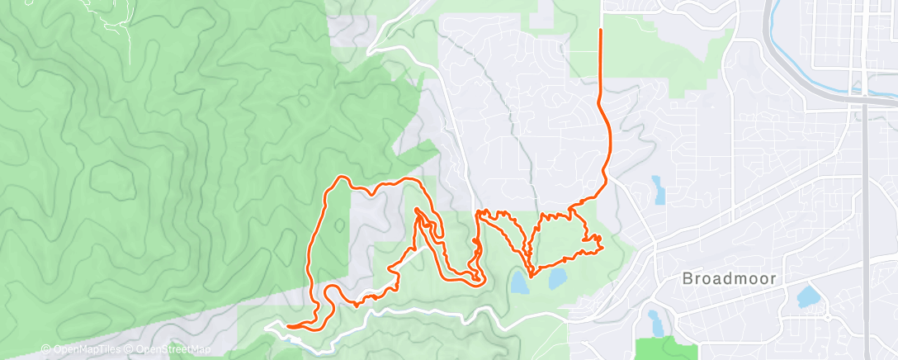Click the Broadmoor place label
(729, 279)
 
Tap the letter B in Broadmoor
(688, 279)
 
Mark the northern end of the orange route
(600, 30)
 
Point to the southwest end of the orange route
(288, 327)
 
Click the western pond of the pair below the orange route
(519, 283)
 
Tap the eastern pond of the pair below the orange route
(556, 277)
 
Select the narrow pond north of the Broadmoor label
(659, 190)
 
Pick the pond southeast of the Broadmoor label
(809, 296)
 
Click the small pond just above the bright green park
(654, 318)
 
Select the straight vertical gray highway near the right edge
(863, 206)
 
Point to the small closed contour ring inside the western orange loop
(341, 225)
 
